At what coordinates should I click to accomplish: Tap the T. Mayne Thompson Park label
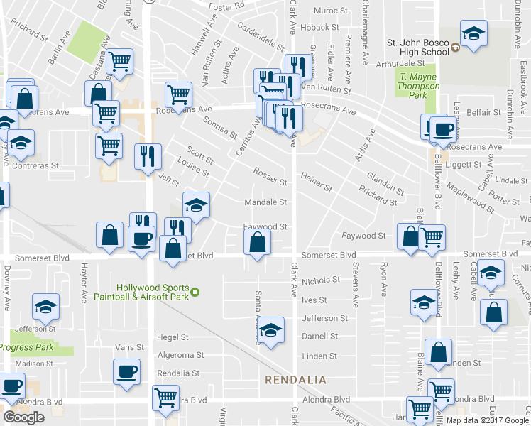419,86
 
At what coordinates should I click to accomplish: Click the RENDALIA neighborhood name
296,381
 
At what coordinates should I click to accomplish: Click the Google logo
23,417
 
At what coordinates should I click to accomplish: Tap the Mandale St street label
265,202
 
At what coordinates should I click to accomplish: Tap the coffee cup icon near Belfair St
444,129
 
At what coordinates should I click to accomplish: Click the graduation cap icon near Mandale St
197,205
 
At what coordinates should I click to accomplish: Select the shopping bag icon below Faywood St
257,242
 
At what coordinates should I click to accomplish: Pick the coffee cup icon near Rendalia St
127,371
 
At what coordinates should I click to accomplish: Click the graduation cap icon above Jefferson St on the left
46,306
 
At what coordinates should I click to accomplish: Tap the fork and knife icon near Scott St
148,157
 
